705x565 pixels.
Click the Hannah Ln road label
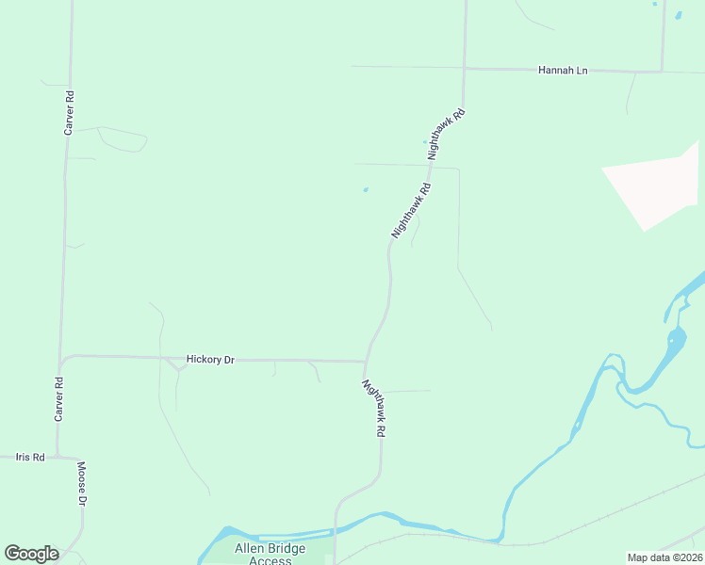[x=563, y=71]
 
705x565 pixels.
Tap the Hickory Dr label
[x=210, y=359]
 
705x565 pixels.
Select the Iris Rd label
[x=30, y=458]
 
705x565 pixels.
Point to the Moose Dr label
[x=82, y=484]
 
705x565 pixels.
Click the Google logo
[x=31, y=554]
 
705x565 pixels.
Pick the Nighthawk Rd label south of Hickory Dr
[x=374, y=407]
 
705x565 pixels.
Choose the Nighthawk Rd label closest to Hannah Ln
[x=447, y=134]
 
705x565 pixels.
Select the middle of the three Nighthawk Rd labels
[x=411, y=210]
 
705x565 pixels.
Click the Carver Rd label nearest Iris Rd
[x=58, y=399]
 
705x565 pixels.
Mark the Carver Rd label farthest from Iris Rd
[x=69, y=113]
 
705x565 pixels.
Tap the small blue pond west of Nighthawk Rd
[x=365, y=190]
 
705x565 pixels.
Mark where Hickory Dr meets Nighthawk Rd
[x=366, y=361]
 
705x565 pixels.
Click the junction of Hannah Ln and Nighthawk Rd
[x=465, y=69]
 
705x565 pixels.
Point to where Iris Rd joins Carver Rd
[x=57, y=458]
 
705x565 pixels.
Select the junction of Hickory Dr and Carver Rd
[x=61, y=358]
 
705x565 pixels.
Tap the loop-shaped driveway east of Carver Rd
[x=123, y=139]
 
